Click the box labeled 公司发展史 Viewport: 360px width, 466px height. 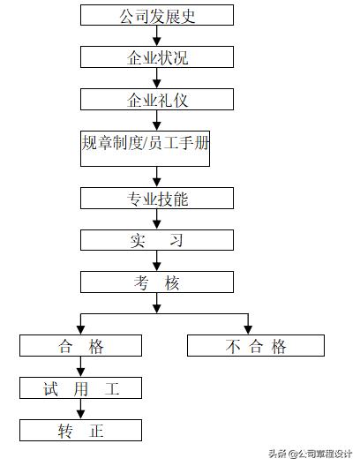coord(157,15)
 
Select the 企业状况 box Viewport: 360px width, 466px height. coord(157,57)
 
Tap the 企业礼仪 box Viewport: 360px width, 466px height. coord(157,99)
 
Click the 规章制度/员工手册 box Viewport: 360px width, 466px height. coord(145,142)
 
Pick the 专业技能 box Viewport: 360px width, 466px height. coord(157,198)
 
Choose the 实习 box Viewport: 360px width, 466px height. coord(157,239)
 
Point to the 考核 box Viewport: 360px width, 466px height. coord(157,282)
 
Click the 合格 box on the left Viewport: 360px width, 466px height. coord(81,345)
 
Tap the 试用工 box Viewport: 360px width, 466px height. coord(81,387)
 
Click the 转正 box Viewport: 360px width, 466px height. coord(81,430)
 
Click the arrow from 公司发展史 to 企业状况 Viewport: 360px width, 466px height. coord(157,35)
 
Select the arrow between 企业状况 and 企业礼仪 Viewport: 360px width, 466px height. coord(157,78)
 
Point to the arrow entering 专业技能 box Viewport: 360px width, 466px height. coord(157,177)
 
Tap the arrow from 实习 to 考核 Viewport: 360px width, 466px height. coord(157,260)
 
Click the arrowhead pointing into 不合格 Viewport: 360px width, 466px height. coord(249,328)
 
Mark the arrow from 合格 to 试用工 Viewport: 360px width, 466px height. coord(80,366)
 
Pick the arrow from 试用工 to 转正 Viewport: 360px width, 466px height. coord(80,409)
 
